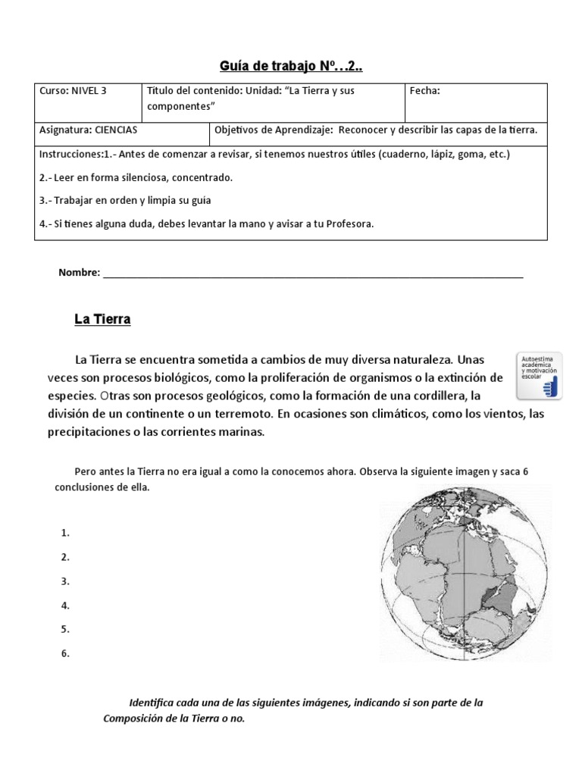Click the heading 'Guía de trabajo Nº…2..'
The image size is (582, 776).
pos(290,67)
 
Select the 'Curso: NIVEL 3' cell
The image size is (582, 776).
pos(73,91)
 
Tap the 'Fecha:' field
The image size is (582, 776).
pos(424,91)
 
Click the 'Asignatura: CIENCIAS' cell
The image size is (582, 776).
pos(88,130)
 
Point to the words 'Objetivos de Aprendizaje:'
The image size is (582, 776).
pos(274,130)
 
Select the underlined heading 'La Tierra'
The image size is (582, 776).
pos(102,320)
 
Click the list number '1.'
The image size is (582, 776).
pos(65,533)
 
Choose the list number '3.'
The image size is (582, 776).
pos(65,581)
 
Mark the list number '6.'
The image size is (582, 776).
pos(65,653)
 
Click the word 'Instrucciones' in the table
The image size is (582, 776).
pos(69,154)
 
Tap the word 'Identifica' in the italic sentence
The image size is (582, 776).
pos(152,702)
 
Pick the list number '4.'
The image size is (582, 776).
pos(65,605)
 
